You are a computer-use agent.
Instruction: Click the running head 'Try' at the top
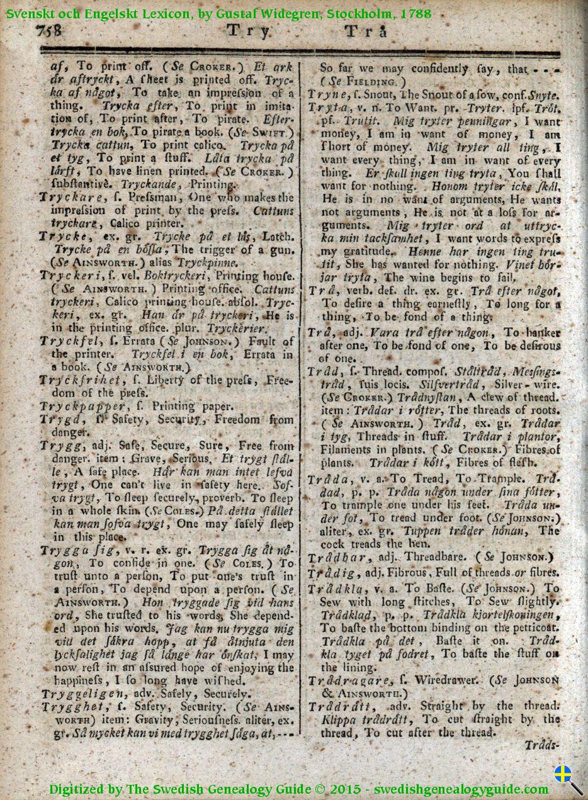point(248,31)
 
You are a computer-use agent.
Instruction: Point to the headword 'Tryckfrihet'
point(77,380)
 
